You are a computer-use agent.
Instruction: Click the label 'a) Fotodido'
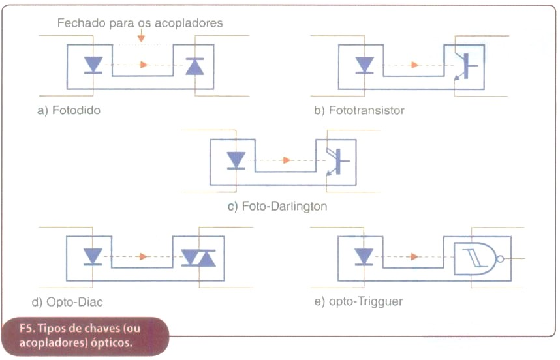[69, 110]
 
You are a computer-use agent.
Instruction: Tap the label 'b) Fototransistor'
[359, 110]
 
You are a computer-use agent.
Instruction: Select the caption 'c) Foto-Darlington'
[277, 206]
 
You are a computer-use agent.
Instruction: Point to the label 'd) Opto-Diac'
[67, 302]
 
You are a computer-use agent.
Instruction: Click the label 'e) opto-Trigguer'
[358, 301]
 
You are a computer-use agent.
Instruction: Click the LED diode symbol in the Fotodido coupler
[93, 65]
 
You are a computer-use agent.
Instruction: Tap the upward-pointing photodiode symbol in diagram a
[194, 66]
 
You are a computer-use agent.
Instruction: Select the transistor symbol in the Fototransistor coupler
[466, 66]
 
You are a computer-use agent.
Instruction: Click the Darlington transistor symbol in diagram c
[338, 162]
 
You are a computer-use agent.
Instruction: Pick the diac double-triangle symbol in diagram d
[198, 258]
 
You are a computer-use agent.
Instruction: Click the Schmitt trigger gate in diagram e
[477, 259]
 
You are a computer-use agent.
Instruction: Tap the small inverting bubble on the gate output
[500, 259]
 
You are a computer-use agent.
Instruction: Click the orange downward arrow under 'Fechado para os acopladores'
[142, 36]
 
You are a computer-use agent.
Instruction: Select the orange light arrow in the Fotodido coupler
[144, 65]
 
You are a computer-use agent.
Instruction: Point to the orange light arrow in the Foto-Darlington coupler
[286, 160]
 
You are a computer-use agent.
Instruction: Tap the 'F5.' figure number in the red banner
[26, 328]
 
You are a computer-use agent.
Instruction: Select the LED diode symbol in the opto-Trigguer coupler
[364, 257]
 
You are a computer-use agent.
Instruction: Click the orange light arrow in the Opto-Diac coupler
[143, 256]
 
